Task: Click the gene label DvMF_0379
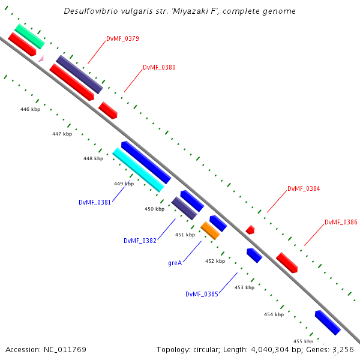pyautogui.click(x=122, y=38)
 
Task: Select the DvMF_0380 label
pyautogui.click(x=159, y=67)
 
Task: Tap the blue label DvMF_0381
pyautogui.click(x=94, y=202)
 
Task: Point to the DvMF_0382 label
pyautogui.click(x=140, y=241)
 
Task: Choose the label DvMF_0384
pyautogui.click(x=304, y=188)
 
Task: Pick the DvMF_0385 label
pyautogui.click(x=202, y=294)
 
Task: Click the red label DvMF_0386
pyautogui.click(x=341, y=222)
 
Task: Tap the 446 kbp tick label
pyautogui.click(x=30, y=110)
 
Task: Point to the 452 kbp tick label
pyautogui.click(x=215, y=261)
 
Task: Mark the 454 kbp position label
pyautogui.click(x=274, y=314)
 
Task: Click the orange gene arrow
pyautogui.click(x=210, y=230)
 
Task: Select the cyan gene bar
pyautogui.click(x=139, y=170)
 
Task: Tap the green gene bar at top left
pyautogui.click(x=29, y=36)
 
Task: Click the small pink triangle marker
pyautogui.click(x=41, y=58)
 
